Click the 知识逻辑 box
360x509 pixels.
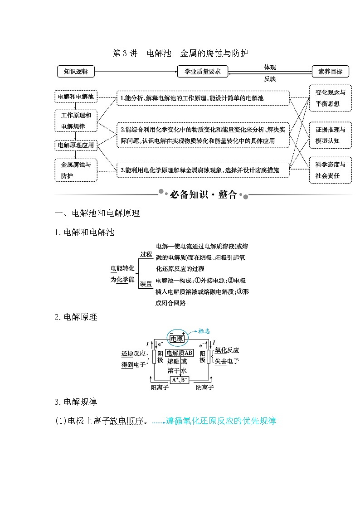click(x=76, y=72)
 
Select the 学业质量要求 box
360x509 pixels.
click(x=202, y=72)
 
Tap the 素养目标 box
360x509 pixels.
click(x=331, y=72)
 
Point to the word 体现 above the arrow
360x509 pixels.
click(x=270, y=67)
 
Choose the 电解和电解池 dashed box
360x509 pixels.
click(x=76, y=97)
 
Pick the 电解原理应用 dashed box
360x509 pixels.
click(x=76, y=145)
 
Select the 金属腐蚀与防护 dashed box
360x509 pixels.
click(x=76, y=170)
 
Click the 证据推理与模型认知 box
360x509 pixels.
click(x=331, y=136)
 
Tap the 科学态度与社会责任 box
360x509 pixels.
click(x=331, y=170)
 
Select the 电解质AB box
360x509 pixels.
click(x=179, y=353)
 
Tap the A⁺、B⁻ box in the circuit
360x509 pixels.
click(x=179, y=380)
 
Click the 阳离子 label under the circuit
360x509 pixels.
click(x=160, y=388)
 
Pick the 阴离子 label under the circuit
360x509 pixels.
click(x=204, y=388)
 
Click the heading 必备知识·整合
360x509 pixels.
click(x=203, y=195)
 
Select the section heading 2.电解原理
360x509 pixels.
click(x=76, y=317)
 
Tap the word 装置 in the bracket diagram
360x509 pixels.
click(x=146, y=284)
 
